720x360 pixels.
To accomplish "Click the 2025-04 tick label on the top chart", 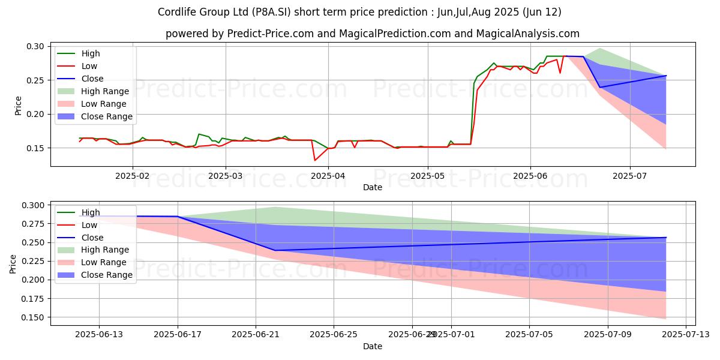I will (x=328, y=177).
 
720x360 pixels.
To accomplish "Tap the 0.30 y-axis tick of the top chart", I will (x=35, y=46).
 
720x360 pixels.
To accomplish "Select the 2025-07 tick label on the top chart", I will (x=630, y=177).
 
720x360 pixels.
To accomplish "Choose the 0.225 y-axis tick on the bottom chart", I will (x=32, y=261).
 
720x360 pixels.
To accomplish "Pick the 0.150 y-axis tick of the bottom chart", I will (x=32, y=317).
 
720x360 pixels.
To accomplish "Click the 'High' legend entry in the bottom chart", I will (x=91, y=212).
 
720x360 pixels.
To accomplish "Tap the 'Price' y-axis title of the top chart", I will (x=18, y=106).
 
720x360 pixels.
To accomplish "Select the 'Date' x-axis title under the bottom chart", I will (x=373, y=346).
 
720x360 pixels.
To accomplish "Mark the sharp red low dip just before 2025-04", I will (x=315, y=160).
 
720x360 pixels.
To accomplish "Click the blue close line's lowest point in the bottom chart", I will (x=275, y=250).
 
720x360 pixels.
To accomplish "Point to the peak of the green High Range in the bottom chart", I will (x=275, y=207).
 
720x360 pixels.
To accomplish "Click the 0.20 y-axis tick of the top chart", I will (x=35, y=114).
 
